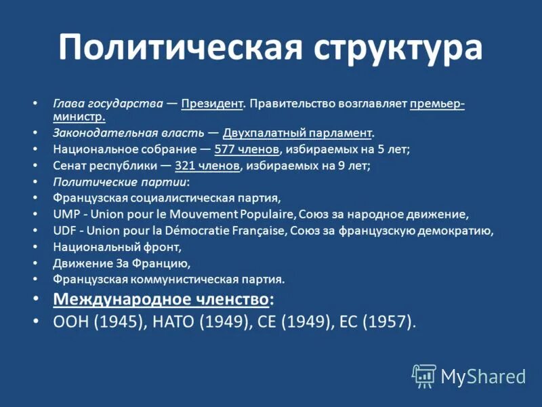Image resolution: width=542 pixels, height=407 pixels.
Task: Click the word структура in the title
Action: pyautogui.click(x=398, y=49)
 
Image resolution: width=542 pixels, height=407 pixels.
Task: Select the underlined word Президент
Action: pyautogui.click(x=212, y=104)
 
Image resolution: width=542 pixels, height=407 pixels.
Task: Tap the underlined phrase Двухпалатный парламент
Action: pyautogui.click(x=297, y=132)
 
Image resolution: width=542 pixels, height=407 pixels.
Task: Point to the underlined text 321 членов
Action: pyautogui.click(x=207, y=165)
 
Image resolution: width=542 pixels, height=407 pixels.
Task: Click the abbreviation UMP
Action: pyautogui.click(x=66, y=214)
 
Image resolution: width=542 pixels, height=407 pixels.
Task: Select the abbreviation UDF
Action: pyautogui.click(x=65, y=230)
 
